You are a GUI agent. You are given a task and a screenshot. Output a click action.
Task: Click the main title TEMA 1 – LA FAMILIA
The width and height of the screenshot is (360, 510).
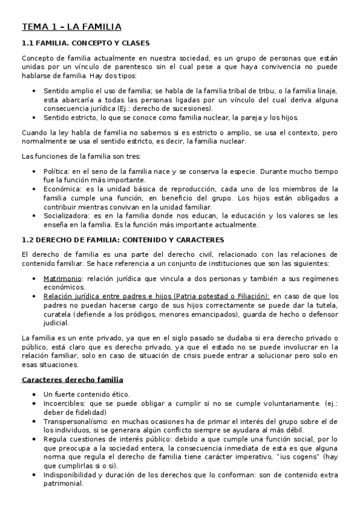pos(72,26)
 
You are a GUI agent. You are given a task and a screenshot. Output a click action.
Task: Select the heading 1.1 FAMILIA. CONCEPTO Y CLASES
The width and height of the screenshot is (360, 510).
pos(85,43)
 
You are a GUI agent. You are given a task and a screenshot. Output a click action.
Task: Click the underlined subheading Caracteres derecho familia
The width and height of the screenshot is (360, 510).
pos(72,379)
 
